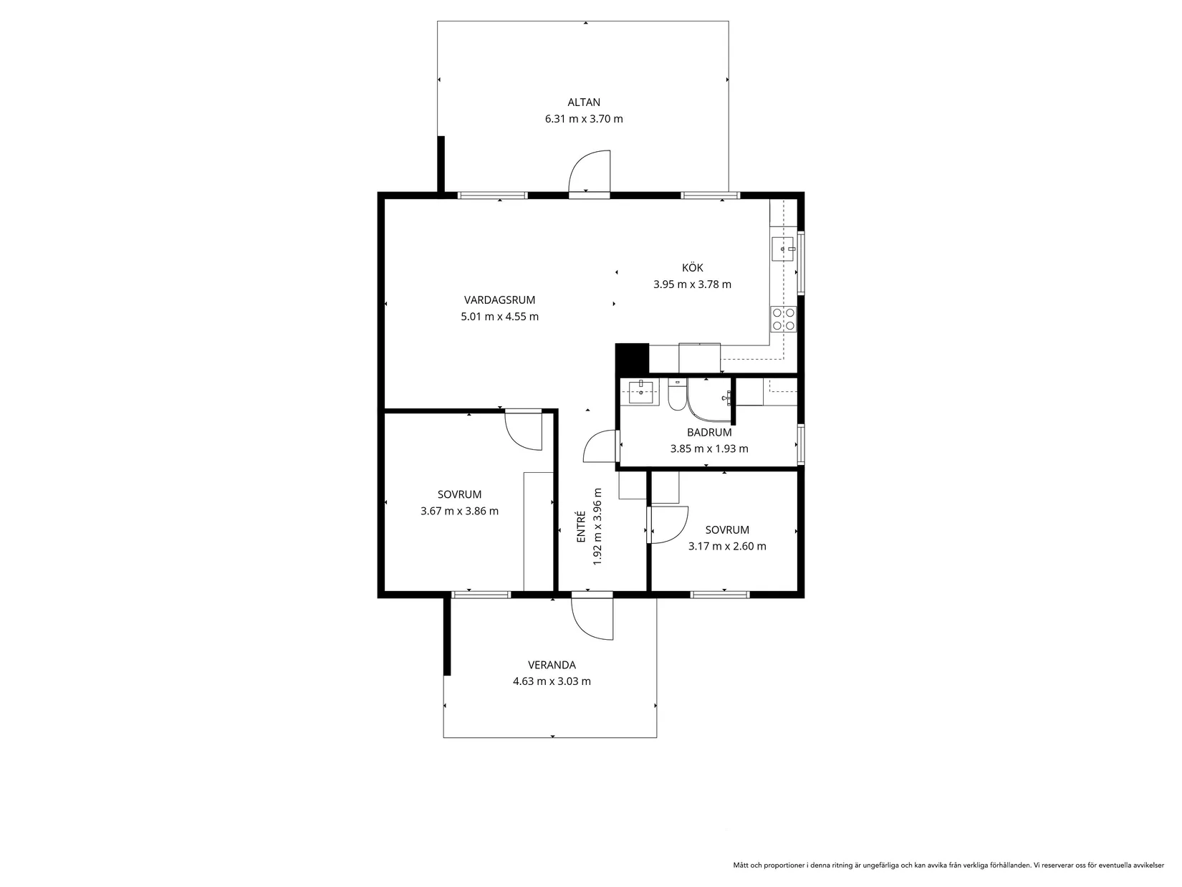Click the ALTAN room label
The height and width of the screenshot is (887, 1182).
(x=584, y=102)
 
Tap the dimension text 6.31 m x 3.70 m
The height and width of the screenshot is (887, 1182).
(x=584, y=119)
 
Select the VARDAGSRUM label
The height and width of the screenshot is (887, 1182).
(x=500, y=300)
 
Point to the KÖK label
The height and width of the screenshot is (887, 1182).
(x=693, y=268)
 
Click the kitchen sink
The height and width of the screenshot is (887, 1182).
(x=783, y=249)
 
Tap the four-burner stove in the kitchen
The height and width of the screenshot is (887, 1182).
(x=783, y=319)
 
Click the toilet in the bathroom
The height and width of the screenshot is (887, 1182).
(x=677, y=395)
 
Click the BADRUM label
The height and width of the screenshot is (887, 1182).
(x=709, y=433)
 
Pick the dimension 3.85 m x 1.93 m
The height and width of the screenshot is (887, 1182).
(x=709, y=449)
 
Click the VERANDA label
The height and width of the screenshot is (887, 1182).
(x=552, y=665)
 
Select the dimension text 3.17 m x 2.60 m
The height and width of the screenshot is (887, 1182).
(x=727, y=546)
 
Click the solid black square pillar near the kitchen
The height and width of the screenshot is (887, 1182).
(x=633, y=358)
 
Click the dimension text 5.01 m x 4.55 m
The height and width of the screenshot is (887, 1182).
(x=500, y=317)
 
